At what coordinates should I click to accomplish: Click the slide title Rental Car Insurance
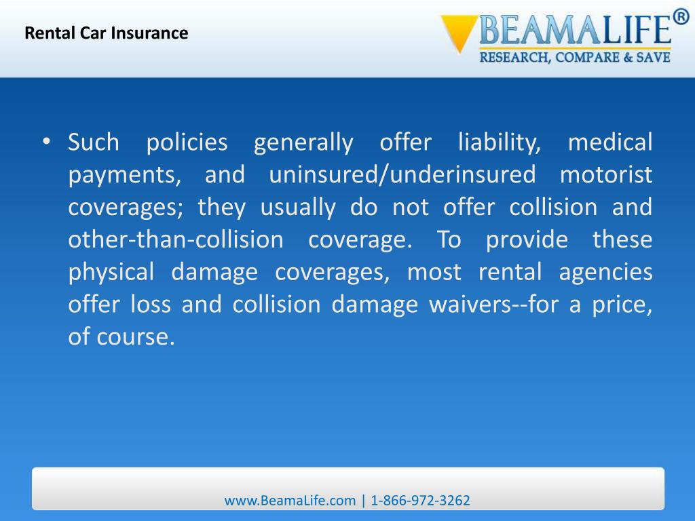coord(106,33)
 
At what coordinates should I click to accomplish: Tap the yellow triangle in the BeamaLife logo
coord(459,33)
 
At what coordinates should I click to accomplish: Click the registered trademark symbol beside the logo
coord(681,16)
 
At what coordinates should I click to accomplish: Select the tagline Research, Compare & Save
coord(575,58)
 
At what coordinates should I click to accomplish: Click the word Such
coord(94,142)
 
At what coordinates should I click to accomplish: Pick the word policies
coord(187,142)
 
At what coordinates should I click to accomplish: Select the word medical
coord(609,142)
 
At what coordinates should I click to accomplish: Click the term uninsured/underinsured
coord(402,175)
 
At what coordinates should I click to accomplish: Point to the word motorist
coord(606,175)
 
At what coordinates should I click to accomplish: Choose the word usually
coord(298,208)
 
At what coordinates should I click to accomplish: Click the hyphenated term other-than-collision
coord(176,240)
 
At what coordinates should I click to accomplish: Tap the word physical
coord(111,273)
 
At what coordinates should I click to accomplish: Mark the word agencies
coord(605,273)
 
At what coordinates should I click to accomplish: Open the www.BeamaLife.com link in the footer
coord(290,501)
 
